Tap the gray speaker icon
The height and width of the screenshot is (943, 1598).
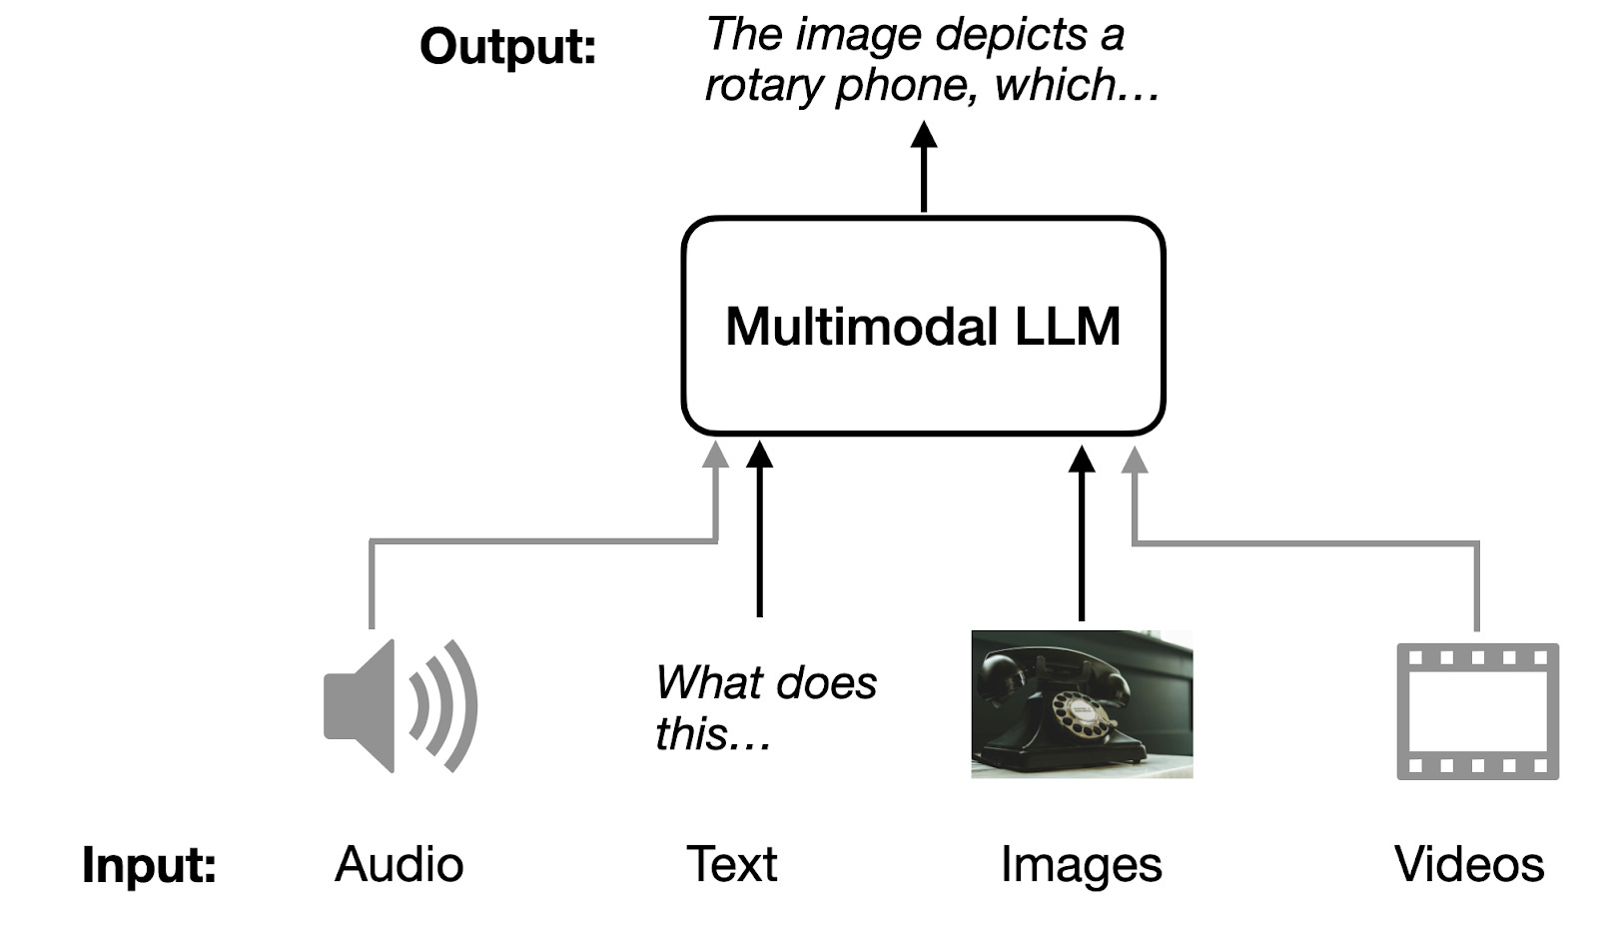(399, 705)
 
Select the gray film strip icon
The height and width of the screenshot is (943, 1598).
(1477, 711)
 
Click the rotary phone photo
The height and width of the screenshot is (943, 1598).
(1082, 703)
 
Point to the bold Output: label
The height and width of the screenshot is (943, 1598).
(507, 46)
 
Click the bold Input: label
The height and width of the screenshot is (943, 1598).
(149, 865)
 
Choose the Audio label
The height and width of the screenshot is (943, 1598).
(399, 865)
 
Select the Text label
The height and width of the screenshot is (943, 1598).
(731, 865)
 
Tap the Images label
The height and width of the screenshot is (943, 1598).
(1081, 865)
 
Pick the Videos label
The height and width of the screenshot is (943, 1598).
(1469, 865)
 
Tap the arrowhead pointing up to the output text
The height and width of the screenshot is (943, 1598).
(924, 135)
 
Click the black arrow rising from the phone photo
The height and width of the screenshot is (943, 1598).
(1082, 539)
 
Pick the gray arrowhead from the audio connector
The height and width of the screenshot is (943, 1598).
(715, 456)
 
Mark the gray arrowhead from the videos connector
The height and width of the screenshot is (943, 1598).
(1134, 460)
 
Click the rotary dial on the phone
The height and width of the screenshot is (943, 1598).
(1086, 715)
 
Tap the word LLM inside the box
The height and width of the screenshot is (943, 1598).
(1067, 327)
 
